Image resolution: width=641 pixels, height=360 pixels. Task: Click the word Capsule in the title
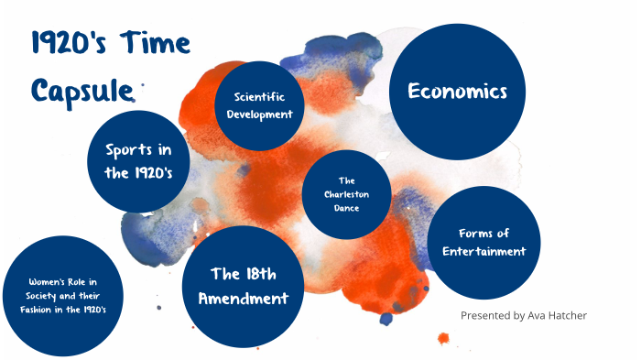pyautogui.click(x=82, y=89)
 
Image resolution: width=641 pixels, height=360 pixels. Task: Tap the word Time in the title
pyautogui.click(x=155, y=45)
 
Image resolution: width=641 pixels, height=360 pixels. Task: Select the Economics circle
pyautogui.click(x=457, y=91)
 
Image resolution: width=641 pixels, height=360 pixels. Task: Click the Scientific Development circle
pyautogui.click(x=264, y=104)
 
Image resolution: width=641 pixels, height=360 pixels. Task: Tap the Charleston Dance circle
pyautogui.click(x=346, y=194)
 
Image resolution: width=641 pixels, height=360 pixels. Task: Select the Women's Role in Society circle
pyautogui.click(x=61, y=295)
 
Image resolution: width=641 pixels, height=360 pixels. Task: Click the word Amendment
pyautogui.click(x=243, y=298)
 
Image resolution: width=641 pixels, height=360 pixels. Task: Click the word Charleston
pyautogui.click(x=346, y=194)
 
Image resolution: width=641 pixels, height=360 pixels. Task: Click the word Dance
pyautogui.click(x=346, y=208)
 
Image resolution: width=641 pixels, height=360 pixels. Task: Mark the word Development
pyautogui.click(x=264, y=114)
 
